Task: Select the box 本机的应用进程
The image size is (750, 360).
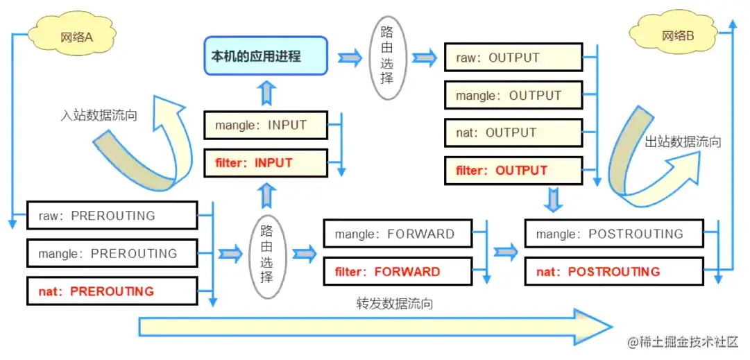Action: click(265, 55)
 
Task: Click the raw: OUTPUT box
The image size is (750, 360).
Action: click(512, 58)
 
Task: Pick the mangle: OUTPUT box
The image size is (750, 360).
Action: click(512, 96)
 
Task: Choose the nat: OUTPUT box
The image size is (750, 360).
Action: click(512, 132)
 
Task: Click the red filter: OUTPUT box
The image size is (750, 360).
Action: click(512, 170)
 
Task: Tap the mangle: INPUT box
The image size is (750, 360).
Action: click(265, 126)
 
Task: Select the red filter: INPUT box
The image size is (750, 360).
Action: click(265, 163)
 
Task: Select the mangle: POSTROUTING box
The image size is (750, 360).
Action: click(614, 234)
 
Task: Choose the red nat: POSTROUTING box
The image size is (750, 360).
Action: click(614, 271)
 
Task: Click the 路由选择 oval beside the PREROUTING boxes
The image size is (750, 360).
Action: click(266, 254)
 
